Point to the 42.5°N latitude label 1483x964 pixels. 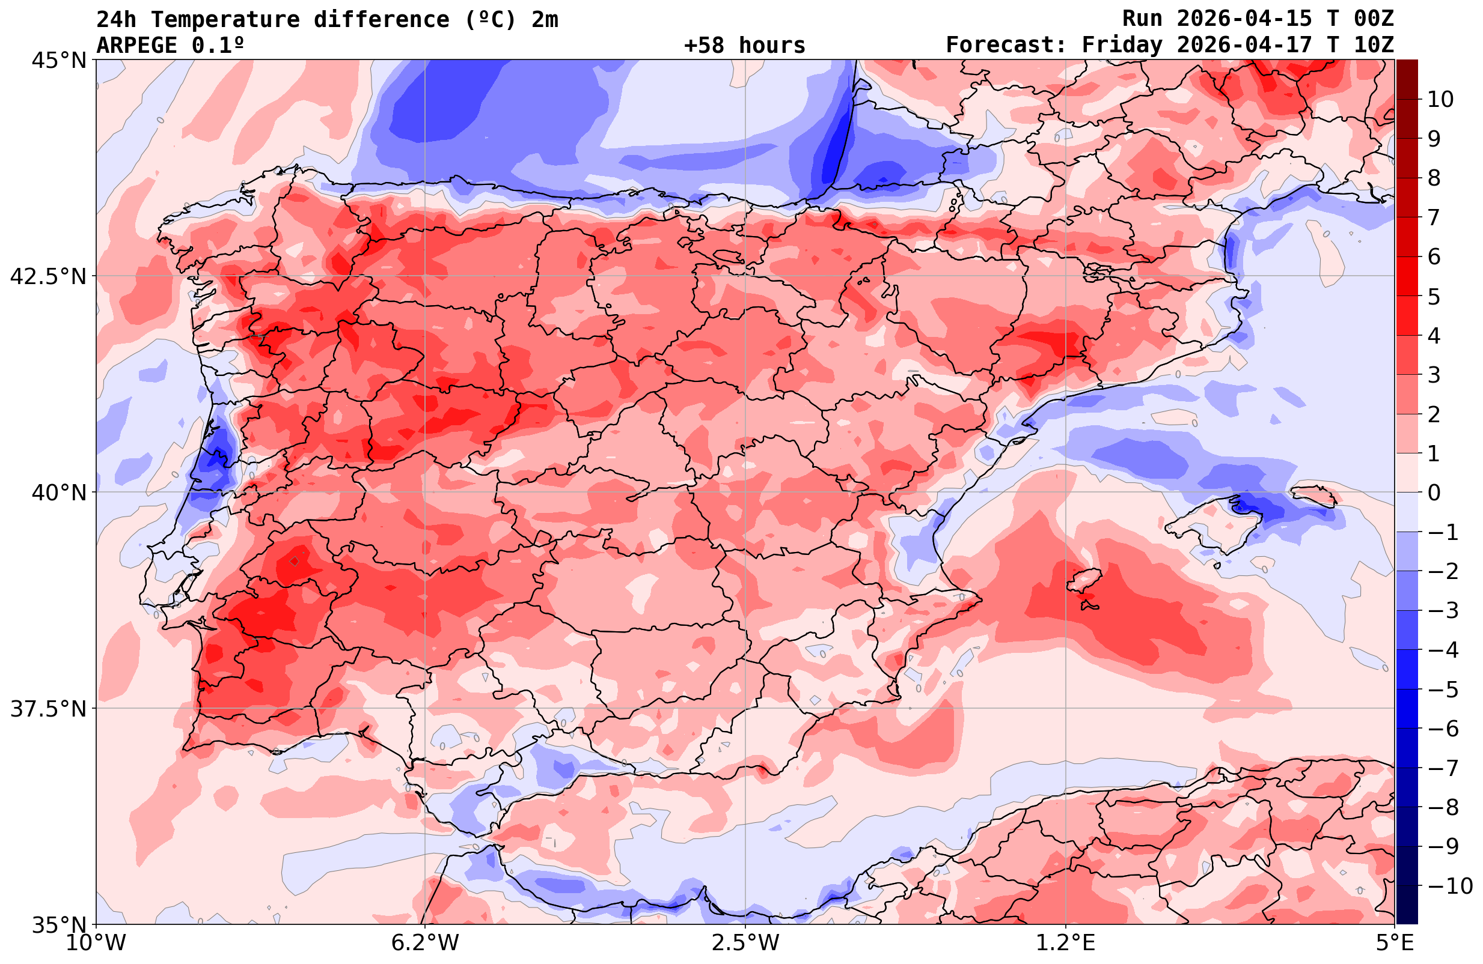(x=48, y=276)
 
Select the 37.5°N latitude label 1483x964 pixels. (x=48, y=709)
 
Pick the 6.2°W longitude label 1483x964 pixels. (x=424, y=943)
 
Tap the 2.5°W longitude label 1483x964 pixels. (x=745, y=943)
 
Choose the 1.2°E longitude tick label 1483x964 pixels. (x=1066, y=943)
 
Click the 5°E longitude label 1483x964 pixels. (x=1394, y=943)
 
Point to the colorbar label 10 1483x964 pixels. (x=1440, y=99)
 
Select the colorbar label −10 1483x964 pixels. (x=1449, y=885)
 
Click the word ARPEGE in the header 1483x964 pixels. (x=136, y=46)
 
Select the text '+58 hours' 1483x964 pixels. (x=745, y=46)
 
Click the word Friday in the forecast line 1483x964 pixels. (x=1122, y=46)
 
